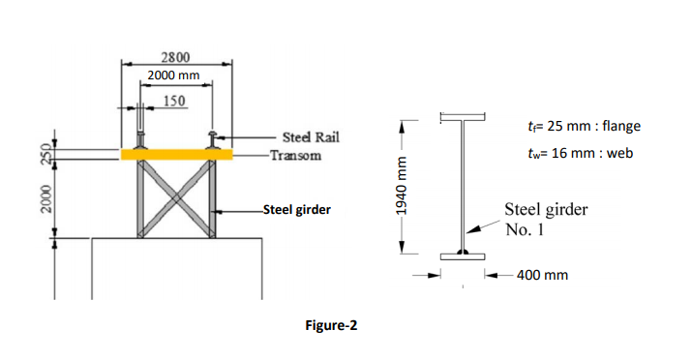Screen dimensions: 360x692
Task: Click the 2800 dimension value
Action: pos(175,56)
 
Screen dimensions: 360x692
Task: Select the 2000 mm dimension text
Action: pos(173,75)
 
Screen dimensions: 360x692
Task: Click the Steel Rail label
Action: pos(310,139)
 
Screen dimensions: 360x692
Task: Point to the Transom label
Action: pos(296,156)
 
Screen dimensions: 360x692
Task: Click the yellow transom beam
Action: pos(177,154)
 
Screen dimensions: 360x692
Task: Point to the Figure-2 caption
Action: pos(331,325)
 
